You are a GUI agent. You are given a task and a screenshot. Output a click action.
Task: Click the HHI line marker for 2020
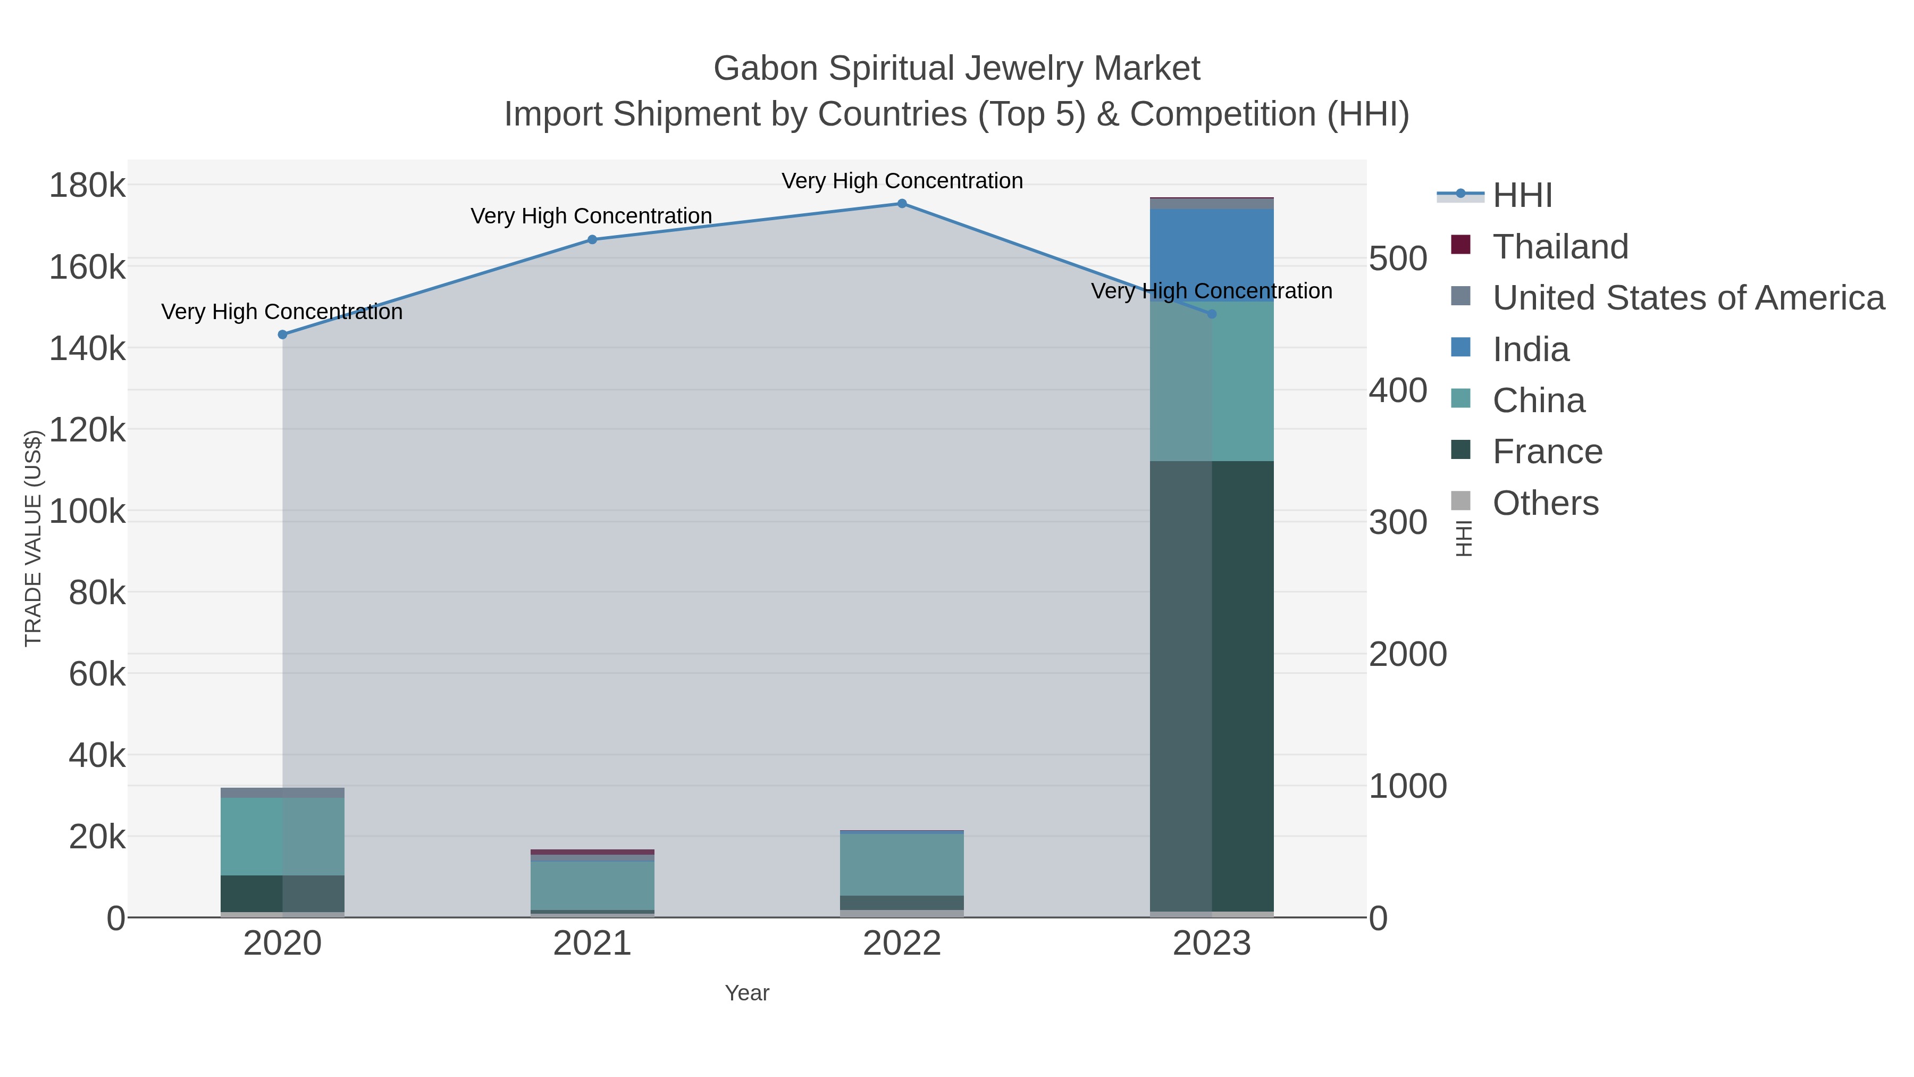click(x=282, y=335)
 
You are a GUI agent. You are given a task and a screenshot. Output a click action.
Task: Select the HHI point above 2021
click(x=592, y=239)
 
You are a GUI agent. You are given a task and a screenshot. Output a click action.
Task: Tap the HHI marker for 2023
click(x=1212, y=314)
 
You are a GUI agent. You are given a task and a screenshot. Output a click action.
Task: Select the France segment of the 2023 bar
click(x=1212, y=684)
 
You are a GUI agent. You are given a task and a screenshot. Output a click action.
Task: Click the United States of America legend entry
click(x=1686, y=297)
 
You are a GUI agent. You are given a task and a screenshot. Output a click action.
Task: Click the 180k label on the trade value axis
click(x=87, y=185)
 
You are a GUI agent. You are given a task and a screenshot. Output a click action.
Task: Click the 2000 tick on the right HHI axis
click(x=1407, y=654)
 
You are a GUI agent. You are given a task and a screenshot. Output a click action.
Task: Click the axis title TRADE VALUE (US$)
click(x=33, y=538)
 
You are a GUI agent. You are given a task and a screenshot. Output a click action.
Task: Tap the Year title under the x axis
click(x=747, y=993)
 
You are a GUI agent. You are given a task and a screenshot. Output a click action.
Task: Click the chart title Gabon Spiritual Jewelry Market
click(x=956, y=69)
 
